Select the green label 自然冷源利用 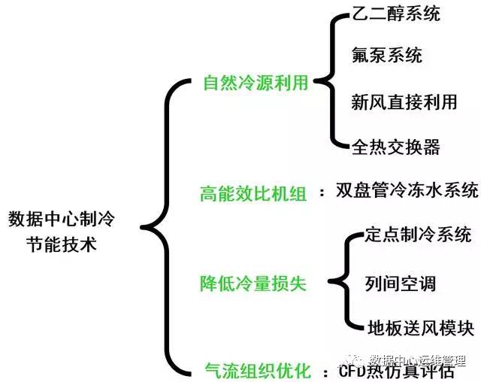tap(256, 83)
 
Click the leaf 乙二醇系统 tap(395, 14)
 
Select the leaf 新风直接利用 tap(404, 101)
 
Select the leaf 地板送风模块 tap(420, 329)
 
